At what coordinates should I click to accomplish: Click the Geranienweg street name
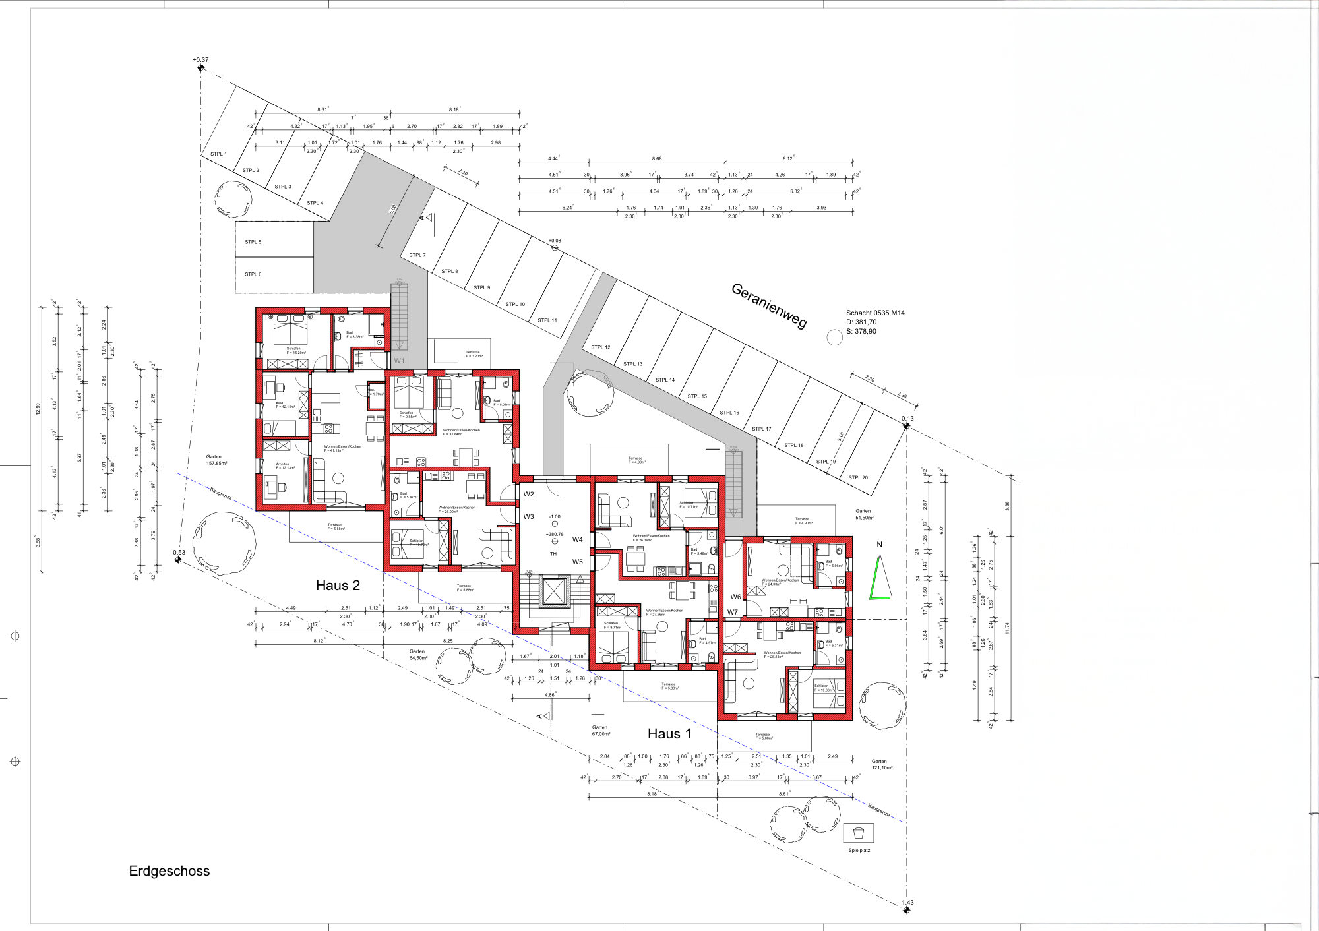coord(769,305)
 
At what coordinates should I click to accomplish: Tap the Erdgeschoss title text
coord(169,871)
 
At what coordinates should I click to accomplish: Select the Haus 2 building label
coord(338,586)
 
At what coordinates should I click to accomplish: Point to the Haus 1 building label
coord(669,734)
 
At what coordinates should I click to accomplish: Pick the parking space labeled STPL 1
coord(218,154)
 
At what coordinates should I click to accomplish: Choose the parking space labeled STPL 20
coord(858,478)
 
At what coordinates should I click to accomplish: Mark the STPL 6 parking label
coord(253,274)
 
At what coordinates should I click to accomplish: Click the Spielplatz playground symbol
coord(859,833)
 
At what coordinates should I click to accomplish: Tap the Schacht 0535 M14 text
coord(875,313)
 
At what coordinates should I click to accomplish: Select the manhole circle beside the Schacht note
coord(835,338)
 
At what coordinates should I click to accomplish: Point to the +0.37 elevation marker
coord(200,61)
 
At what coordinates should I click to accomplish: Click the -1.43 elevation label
coord(907,903)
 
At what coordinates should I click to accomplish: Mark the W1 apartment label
coord(399,361)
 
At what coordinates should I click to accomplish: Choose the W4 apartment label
coord(578,539)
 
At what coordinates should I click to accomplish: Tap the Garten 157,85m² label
coord(216,460)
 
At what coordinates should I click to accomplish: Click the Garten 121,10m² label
coord(882,765)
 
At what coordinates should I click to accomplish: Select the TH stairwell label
coord(553,554)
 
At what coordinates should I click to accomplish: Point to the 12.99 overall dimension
coord(38,409)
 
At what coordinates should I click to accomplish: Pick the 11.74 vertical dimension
coord(1007,628)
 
